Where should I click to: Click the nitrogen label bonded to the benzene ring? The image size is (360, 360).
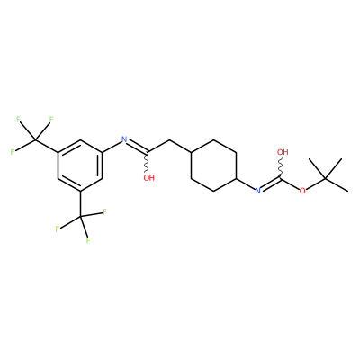tap(124, 139)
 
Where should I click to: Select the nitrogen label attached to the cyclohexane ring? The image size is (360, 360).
tap(257, 191)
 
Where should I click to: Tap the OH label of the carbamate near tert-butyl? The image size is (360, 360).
tap(283, 152)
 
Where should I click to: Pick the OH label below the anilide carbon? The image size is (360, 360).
tap(148, 178)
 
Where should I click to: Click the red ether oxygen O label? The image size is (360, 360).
tap(302, 191)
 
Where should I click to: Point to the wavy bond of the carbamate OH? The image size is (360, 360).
tap(281, 167)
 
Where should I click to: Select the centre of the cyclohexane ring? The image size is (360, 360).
tap(214, 166)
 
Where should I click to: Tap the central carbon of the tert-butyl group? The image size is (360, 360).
tap(326, 178)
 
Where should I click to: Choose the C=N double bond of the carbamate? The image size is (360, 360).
tap(271, 184)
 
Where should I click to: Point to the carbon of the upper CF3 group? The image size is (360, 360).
tap(35, 139)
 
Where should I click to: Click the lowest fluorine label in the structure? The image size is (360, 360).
tap(88, 240)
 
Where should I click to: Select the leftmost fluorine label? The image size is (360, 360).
tap(13, 152)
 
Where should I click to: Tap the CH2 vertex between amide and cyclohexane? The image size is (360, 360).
tap(169, 139)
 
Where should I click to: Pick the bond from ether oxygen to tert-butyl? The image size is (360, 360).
tap(315, 184)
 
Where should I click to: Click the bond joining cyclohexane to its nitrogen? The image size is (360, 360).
tap(246, 184)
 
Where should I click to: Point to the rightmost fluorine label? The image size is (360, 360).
tap(105, 212)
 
